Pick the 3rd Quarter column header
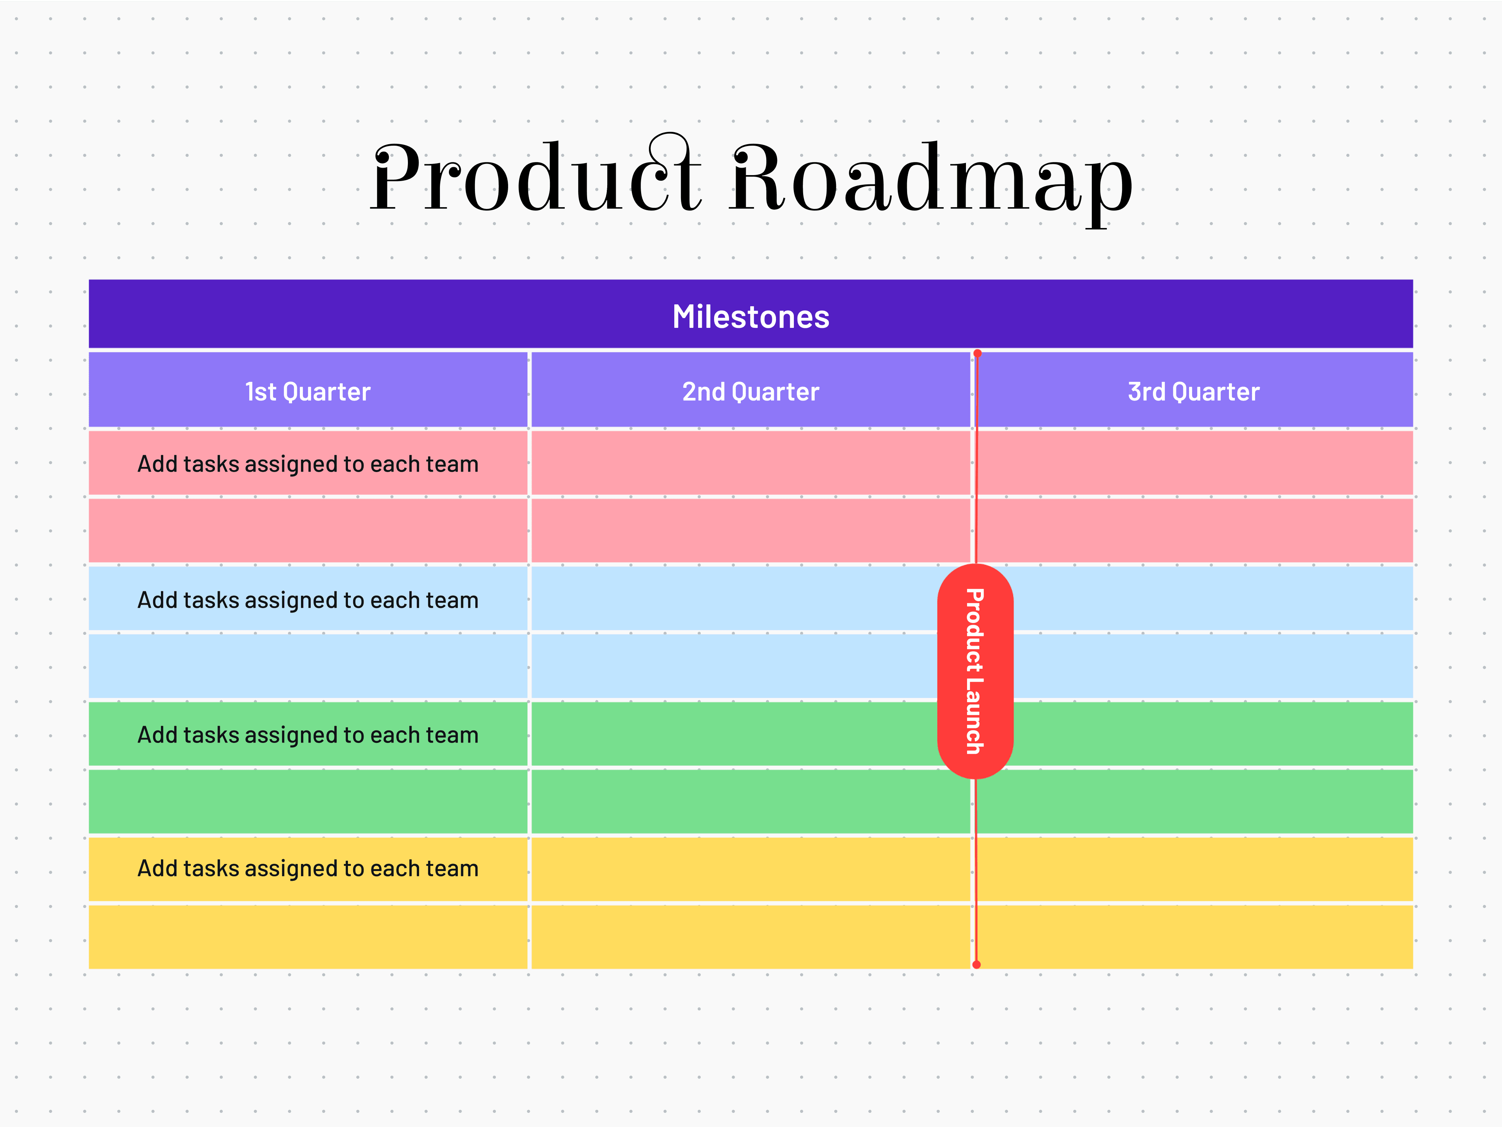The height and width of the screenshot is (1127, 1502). point(1193,392)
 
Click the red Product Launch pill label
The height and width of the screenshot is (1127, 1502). point(975,671)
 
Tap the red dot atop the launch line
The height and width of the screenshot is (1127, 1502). point(977,353)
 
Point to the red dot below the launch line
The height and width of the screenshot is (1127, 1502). point(976,964)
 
